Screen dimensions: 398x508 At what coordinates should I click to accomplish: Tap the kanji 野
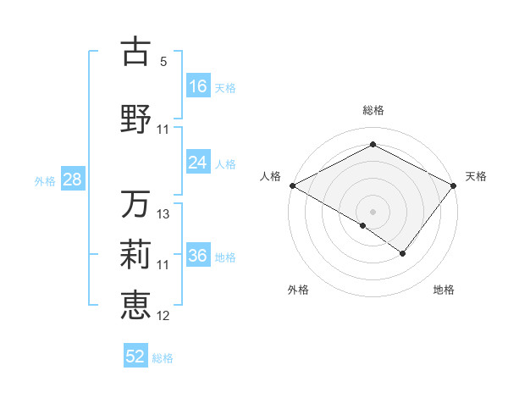click(x=135, y=119)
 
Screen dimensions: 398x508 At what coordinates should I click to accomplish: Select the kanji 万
click(x=135, y=204)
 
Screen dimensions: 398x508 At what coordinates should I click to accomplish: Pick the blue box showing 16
click(x=198, y=86)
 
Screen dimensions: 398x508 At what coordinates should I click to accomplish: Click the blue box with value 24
click(x=198, y=163)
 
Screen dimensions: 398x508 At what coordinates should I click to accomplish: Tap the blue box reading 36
click(x=198, y=256)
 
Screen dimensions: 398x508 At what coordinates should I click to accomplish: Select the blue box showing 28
click(x=72, y=180)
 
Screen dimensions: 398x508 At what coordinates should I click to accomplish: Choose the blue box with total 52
click(x=135, y=357)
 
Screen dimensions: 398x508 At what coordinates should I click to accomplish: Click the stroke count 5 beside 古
click(x=163, y=62)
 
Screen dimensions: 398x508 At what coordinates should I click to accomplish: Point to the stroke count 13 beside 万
click(x=163, y=214)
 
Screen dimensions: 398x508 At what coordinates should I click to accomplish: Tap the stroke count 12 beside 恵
click(x=163, y=316)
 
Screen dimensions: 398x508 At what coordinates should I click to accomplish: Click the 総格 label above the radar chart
click(x=373, y=110)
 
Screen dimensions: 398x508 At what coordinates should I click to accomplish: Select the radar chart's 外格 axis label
click(x=298, y=290)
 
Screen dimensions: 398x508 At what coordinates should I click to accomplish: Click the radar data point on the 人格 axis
click(x=291, y=185)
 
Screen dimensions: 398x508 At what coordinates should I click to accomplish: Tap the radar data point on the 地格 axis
click(x=403, y=253)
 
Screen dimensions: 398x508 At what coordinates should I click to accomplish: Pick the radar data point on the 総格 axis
click(x=373, y=145)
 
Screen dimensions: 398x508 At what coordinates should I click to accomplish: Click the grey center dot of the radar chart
click(x=373, y=211)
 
